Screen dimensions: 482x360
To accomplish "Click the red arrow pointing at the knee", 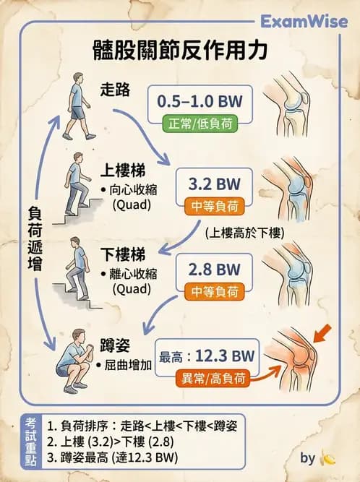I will point(325,333).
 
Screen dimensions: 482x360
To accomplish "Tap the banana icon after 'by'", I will point(328,459).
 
